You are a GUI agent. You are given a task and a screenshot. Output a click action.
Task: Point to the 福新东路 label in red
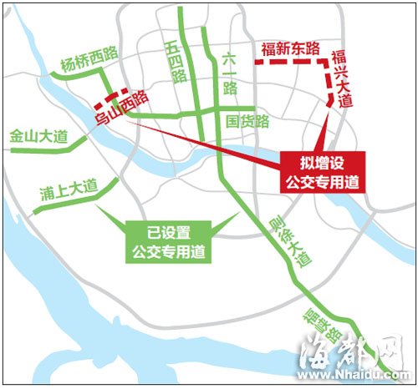tap(292, 48)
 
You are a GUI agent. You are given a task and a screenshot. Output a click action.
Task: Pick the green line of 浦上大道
tap(67, 204)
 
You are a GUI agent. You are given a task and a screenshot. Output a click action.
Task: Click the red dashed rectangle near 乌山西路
tap(110, 102)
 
